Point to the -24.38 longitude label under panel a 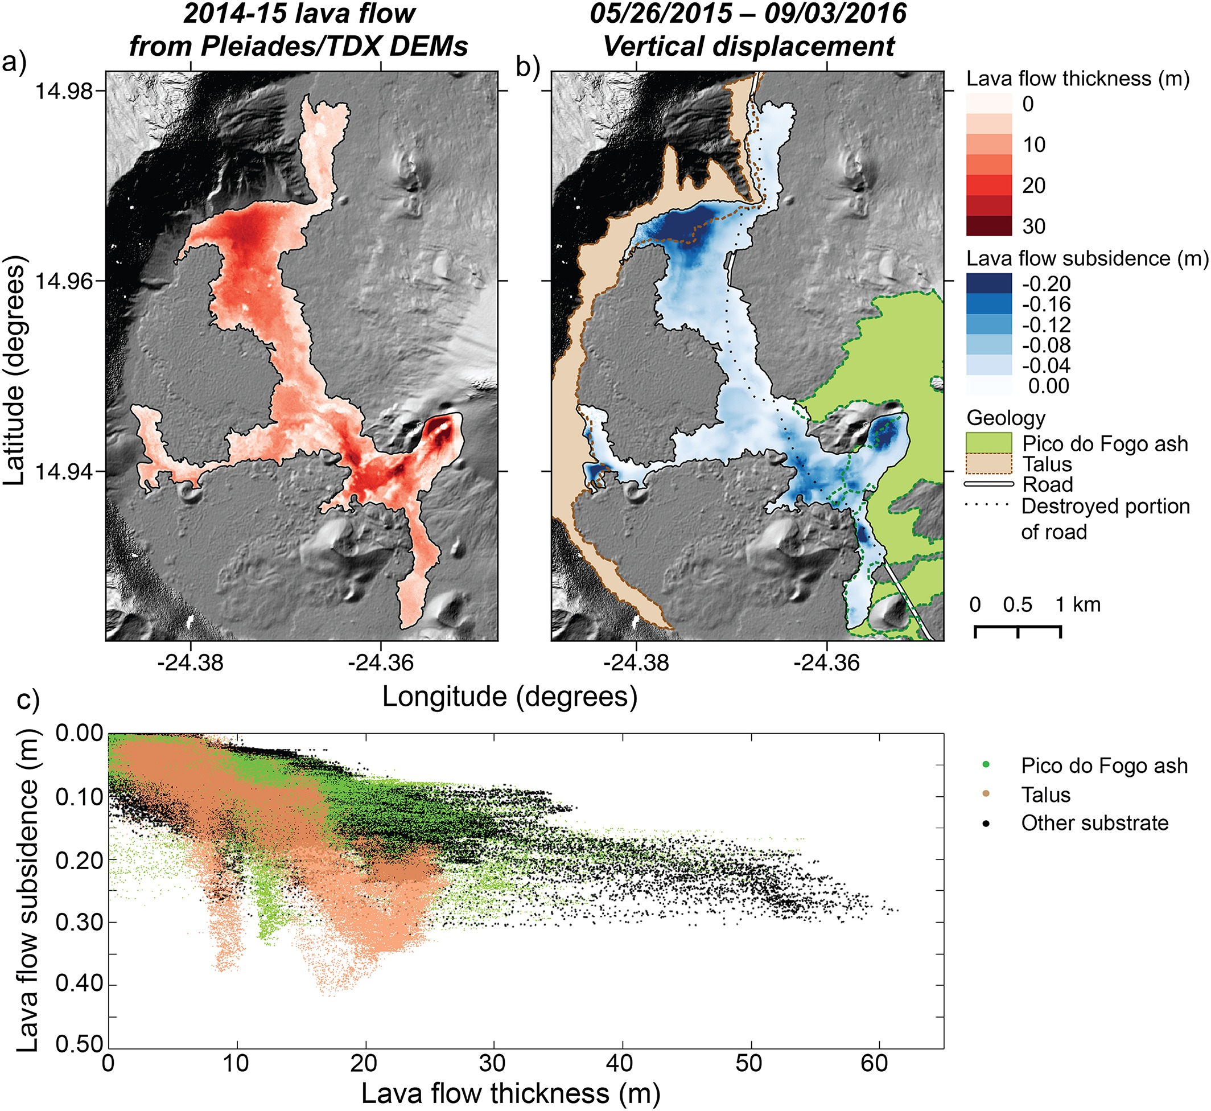[x=191, y=663]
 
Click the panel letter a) [x=14, y=63]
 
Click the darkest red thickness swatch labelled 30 [x=988, y=226]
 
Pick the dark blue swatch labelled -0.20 [x=988, y=283]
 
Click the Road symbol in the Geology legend [x=988, y=484]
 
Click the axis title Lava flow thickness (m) [x=511, y=1093]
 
